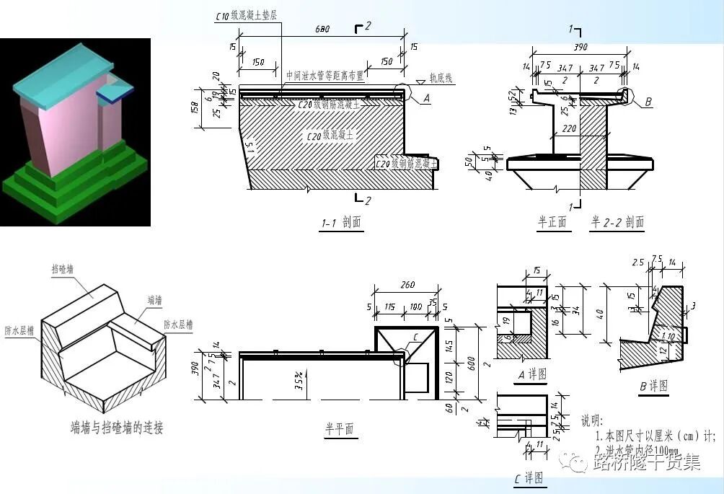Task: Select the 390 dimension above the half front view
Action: click(579, 47)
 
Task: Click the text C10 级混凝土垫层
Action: click(257, 15)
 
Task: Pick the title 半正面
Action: click(553, 222)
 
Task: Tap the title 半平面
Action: click(338, 429)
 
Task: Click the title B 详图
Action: click(653, 386)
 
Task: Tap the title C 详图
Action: click(529, 478)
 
